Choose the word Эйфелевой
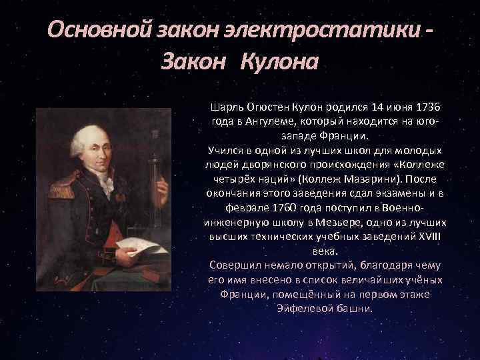pos(301,310)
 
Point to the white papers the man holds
pos(144,247)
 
